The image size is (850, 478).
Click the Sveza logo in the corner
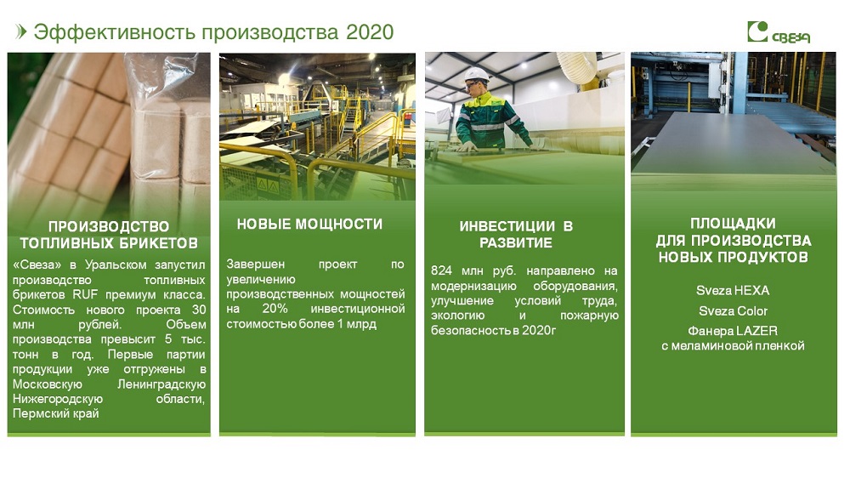tap(779, 32)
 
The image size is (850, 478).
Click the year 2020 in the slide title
tap(370, 32)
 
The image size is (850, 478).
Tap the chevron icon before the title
tap(21, 32)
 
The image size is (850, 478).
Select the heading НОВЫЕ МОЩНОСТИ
tap(309, 224)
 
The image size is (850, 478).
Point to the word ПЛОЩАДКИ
tap(733, 224)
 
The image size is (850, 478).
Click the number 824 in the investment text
tap(441, 270)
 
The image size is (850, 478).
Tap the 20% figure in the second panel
tap(275, 309)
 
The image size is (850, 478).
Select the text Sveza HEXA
tap(733, 291)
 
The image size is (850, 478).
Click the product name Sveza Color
tap(733, 311)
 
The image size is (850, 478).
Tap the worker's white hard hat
tap(477, 74)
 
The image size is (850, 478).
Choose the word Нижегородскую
tap(58, 400)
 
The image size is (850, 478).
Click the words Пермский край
tap(56, 414)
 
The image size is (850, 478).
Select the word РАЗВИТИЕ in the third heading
tap(516, 243)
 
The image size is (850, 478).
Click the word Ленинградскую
tap(161, 384)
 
